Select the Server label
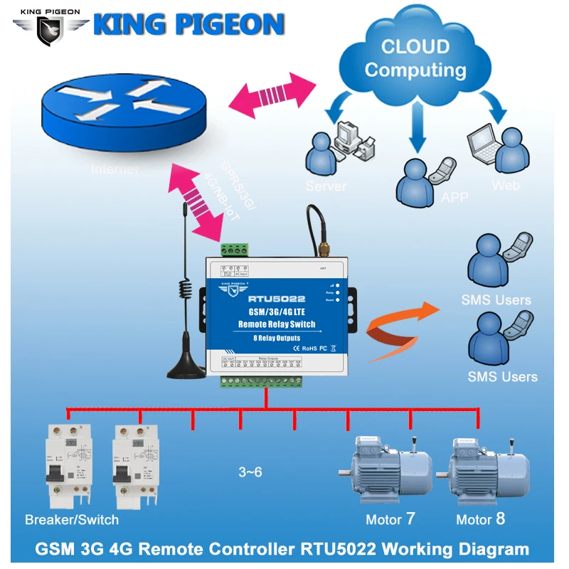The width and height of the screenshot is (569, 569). pos(326,186)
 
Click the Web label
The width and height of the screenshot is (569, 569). pos(506,186)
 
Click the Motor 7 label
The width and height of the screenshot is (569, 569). pos(390,519)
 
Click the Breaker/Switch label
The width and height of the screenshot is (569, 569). pos(72,519)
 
